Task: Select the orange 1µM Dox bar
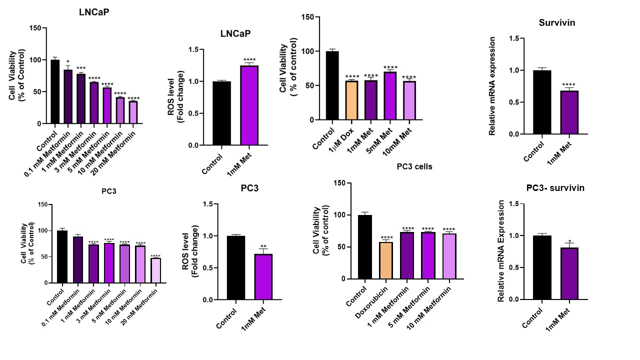[352, 100]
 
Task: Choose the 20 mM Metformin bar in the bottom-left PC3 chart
[156, 270]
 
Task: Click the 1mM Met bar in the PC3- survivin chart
[569, 273]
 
